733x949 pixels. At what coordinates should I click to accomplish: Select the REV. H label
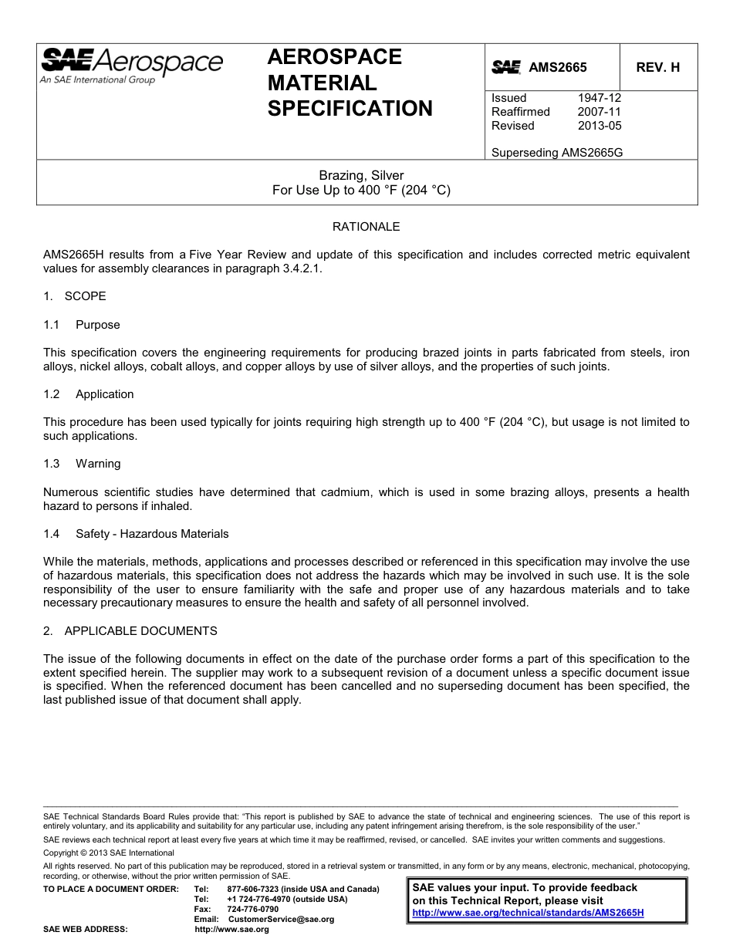tap(657, 67)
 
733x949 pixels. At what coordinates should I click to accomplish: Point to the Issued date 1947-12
tap(599, 98)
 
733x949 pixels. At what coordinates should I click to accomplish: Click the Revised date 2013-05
tap(599, 126)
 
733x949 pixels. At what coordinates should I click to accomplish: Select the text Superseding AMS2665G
tap(556, 153)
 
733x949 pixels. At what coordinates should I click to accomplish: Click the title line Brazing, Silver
tap(361, 175)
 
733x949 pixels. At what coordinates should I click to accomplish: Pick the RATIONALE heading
tap(366, 227)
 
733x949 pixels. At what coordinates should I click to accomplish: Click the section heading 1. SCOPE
tap(75, 296)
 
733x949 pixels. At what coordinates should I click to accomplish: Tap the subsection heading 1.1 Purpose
tap(82, 325)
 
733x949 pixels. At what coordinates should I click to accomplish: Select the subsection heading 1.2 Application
tap(89, 394)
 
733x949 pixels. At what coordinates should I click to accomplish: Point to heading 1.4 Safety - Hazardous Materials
tap(136, 534)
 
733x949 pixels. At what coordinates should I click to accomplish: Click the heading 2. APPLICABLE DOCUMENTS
tap(130, 631)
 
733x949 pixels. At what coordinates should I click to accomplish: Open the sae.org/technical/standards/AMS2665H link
tap(528, 912)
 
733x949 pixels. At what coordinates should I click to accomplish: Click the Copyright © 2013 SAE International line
tap(109, 853)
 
